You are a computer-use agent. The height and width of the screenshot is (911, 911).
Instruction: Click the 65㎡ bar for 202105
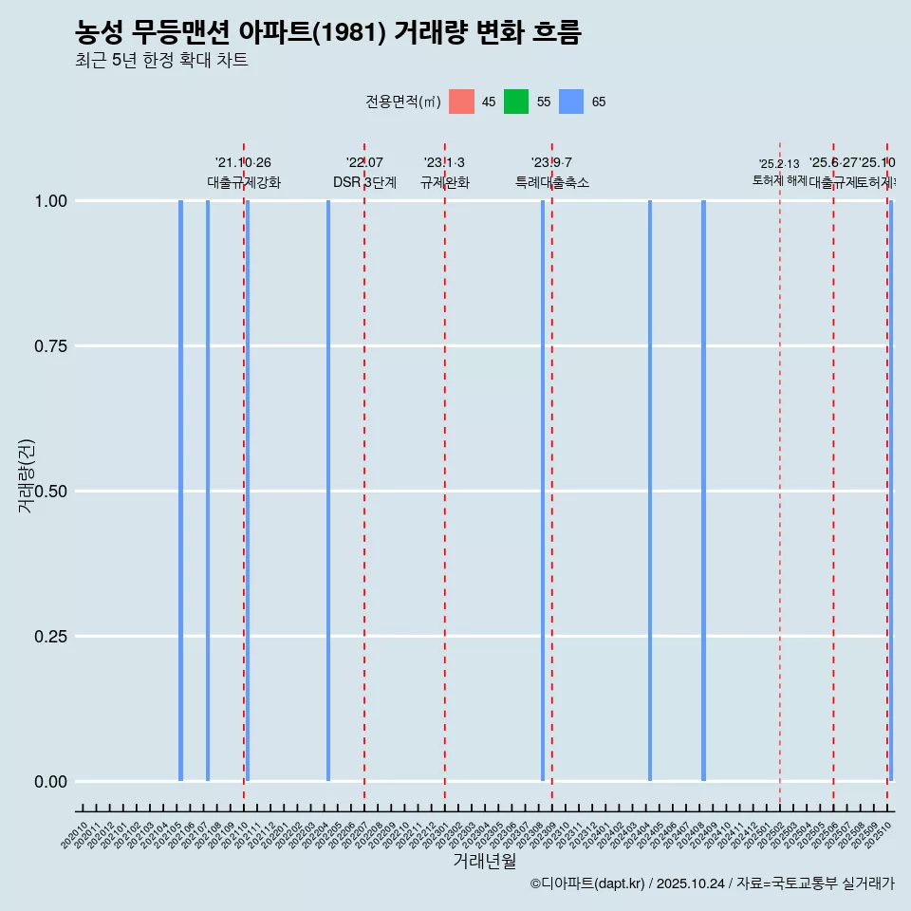click(x=180, y=491)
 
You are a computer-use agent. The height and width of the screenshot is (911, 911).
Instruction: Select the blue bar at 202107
click(x=208, y=491)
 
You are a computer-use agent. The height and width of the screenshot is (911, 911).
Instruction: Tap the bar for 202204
click(x=328, y=491)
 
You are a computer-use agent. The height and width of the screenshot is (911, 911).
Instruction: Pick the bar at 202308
click(x=543, y=491)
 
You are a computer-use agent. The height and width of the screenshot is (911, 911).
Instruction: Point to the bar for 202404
click(x=650, y=491)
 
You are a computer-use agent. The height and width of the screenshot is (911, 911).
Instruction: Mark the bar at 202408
click(x=703, y=491)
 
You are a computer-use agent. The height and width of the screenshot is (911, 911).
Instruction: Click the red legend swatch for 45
click(x=461, y=102)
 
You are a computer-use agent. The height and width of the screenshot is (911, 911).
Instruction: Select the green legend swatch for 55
click(x=516, y=102)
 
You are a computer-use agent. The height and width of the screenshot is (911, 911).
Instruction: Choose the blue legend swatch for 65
click(x=571, y=102)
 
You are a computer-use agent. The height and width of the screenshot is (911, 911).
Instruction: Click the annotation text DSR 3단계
click(x=364, y=182)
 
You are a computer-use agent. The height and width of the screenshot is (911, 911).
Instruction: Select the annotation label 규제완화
click(x=445, y=182)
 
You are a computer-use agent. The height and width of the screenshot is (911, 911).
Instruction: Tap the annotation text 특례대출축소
click(x=552, y=182)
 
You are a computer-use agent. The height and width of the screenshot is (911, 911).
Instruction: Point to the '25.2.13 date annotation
click(x=779, y=164)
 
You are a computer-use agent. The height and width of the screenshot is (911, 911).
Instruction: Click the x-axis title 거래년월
click(x=485, y=862)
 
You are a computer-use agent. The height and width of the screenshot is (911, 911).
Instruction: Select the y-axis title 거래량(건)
click(x=27, y=476)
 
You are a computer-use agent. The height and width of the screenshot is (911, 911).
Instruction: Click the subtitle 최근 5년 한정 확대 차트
click(x=161, y=61)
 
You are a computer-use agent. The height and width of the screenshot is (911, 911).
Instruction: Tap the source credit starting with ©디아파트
click(x=712, y=883)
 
